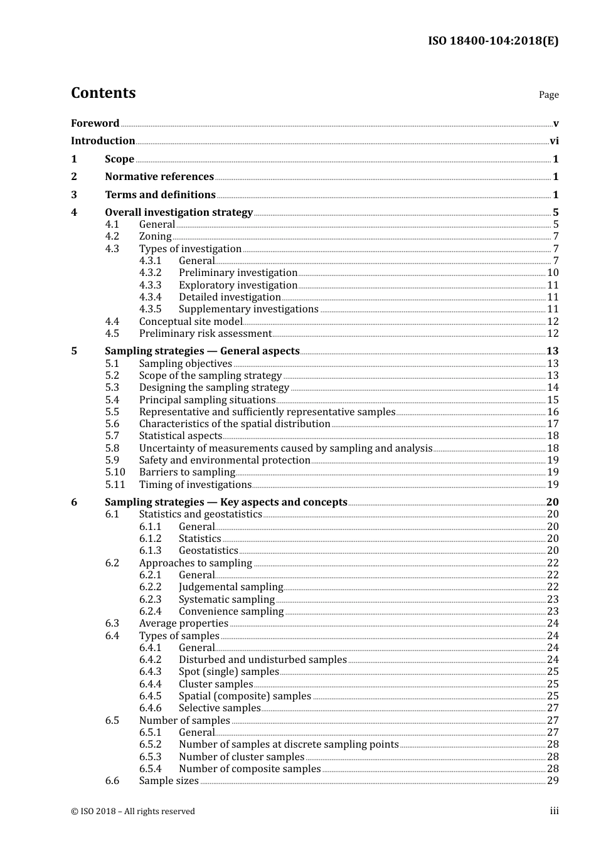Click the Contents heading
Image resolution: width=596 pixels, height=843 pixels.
click(x=103, y=93)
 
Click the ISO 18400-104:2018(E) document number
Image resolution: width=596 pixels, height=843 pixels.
click(x=493, y=41)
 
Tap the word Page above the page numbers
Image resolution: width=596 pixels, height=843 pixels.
click(x=548, y=95)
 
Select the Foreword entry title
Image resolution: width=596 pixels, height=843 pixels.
click(x=95, y=123)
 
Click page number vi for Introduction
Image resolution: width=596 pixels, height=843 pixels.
click(x=554, y=141)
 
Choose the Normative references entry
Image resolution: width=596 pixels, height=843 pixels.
click(x=159, y=177)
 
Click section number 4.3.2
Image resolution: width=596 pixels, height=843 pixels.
click(x=150, y=273)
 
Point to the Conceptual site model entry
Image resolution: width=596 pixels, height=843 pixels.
click(x=191, y=321)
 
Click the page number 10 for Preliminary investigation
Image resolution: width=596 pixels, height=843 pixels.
click(x=553, y=273)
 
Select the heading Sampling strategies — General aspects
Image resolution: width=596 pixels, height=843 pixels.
click(x=202, y=351)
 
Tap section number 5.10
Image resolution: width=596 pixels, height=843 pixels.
click(x=115, y=472)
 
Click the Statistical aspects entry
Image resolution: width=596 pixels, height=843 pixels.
click(x=181, y=436)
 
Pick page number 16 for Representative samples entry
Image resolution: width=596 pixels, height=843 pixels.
click(x=553, y=412)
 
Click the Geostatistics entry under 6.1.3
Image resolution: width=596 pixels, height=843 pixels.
click(x=208, y=551)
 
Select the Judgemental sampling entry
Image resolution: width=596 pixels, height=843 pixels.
click(x=231, y=587)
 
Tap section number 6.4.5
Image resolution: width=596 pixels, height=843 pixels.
click(x=150, y=696)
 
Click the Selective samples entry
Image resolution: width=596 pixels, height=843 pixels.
click(x=220, y=708)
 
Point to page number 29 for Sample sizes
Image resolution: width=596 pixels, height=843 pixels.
click(x=553, y=781)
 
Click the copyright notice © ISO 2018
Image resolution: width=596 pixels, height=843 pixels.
click(x=132, y=812)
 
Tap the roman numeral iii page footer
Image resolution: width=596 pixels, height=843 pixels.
click(x=554, y=811)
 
